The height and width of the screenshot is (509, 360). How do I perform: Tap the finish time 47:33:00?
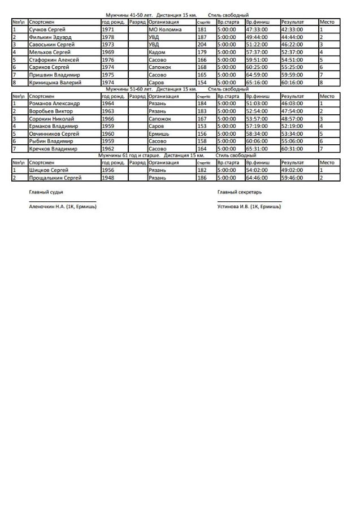pos(257,29)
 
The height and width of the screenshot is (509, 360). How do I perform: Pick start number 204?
pos(202,44)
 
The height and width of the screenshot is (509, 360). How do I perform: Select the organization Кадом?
pos(157,52)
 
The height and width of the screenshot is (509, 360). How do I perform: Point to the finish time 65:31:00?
pos(257,148)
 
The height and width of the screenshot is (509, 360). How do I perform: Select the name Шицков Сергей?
pos(49,170)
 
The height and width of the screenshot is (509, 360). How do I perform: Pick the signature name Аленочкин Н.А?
pos(47,207)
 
